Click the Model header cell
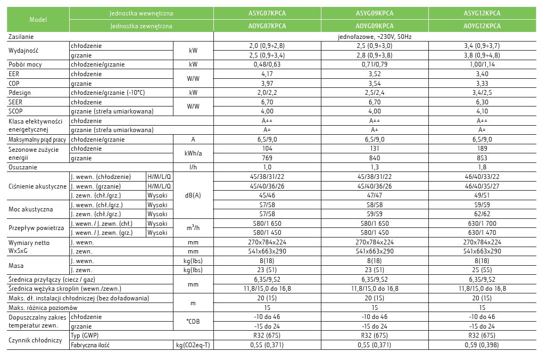click(x=38, y=19)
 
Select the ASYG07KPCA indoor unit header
click(x=268, y=13)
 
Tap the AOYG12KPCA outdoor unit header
click(x=482, y=26)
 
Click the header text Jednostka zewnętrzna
click(x=142, y=26)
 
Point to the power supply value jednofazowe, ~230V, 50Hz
click(x=375, y=37)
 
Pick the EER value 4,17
click(x=268, y=74)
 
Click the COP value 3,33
click(x=482, y=84)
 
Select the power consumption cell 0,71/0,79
click(x=375, y=64)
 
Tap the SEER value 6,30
click(x=482, y=102)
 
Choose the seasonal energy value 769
click(x=268, y=158)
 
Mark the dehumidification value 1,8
click(x=482, y=167)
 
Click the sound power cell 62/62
click(x=482, y=214)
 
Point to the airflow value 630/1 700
click(x=482, y=224)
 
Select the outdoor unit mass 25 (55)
click(x=482, y=270)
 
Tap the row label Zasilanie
click(x=21, y=37)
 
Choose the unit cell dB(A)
click(x=193, y=195)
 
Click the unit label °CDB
click(x=193, y=322)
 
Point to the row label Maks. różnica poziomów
click(x=43, y=307)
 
